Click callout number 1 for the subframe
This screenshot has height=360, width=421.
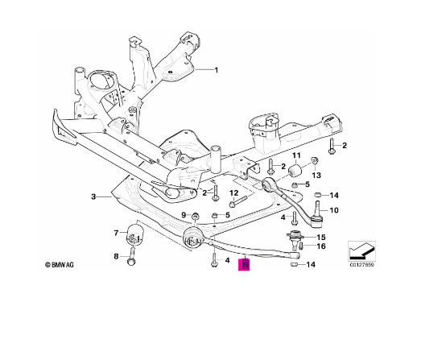[x=217, y=70]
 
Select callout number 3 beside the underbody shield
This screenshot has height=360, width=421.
[x=93, y=197]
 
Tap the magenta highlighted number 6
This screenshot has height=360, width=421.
[x=244, y=265]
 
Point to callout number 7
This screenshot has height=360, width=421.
[x=116, y=233]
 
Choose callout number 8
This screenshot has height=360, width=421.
[x=116, y=256]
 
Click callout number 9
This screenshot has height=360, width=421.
[x=184, y=215]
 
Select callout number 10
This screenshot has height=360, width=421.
[x=334, y=210]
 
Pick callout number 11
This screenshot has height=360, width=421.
[x=296, y=155]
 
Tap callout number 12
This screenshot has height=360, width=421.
[x=234, y=193]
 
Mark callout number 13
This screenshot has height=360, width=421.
[x=316, y=175]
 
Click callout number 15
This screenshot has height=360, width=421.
[x=321, y=238]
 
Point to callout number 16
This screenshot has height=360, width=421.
[x=321, y=246]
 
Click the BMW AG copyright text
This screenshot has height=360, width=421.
[x=60, y=265]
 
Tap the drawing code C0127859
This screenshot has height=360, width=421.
[x=361, y=264]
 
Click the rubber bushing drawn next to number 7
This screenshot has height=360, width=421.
[x=134, y=234]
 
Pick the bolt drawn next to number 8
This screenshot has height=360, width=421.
[x=132, y=256]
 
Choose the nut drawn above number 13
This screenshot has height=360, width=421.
[x=315, y=160]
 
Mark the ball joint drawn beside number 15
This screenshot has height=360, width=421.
[x=295, y=238]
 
